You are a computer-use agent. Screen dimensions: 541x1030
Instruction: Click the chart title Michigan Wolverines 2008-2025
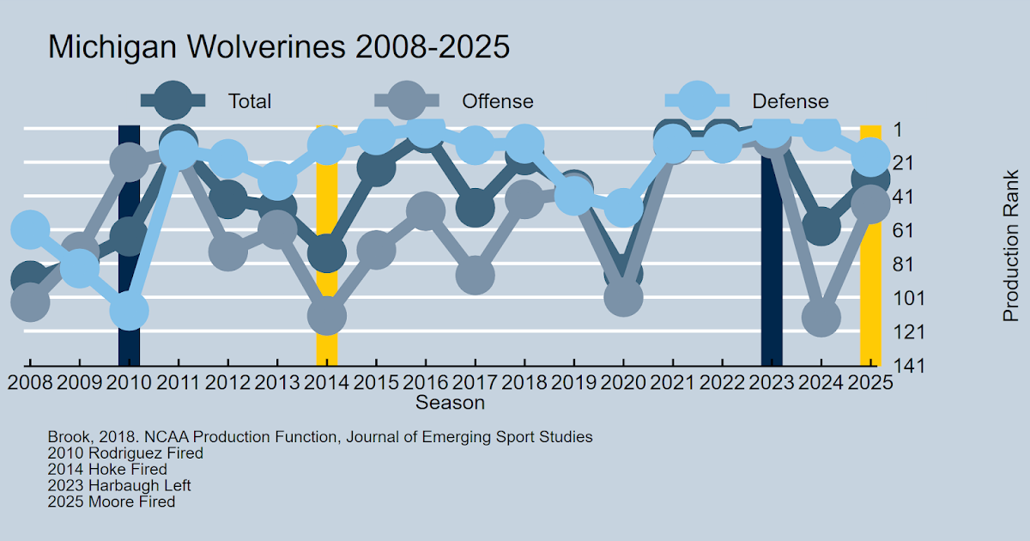pyautogui.click(x=278, y=47)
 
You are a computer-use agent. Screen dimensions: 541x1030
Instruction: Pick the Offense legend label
pyautogui.click(x=498, y=101)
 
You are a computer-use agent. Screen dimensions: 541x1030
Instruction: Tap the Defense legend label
pyautogui.click(x=791, y=101)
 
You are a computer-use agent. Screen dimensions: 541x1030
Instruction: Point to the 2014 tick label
pyautogui.click(x=327, y=381)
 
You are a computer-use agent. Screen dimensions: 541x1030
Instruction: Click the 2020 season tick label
pyautogui.click(x=624, y=381)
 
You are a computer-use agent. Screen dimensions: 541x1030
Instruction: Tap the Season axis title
pyautogui.click(x=450, y=402)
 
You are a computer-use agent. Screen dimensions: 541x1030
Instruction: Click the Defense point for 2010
pyautogui.click(x=129, y=310)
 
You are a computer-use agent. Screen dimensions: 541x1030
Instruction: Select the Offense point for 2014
pyautogui.click(x=327, y=315)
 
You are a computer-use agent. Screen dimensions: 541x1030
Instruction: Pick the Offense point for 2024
pyautogui.click(x=821, y=317)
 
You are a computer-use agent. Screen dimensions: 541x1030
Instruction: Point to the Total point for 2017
pyautogui.click(x=475, y=208)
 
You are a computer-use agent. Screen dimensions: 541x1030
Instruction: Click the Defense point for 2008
pyautogui.click(x=29, y=229)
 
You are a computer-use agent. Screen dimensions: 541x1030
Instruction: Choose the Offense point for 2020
pyautogui.click(x=624, y=297)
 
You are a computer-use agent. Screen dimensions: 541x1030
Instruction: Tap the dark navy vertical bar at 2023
pyautogui.click(x=771, y=258)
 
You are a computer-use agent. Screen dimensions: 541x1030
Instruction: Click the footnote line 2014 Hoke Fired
pyautogui.click(x=107, y=469)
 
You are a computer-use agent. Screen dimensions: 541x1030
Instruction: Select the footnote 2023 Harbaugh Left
pyautogui.click(x=119, y=485)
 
